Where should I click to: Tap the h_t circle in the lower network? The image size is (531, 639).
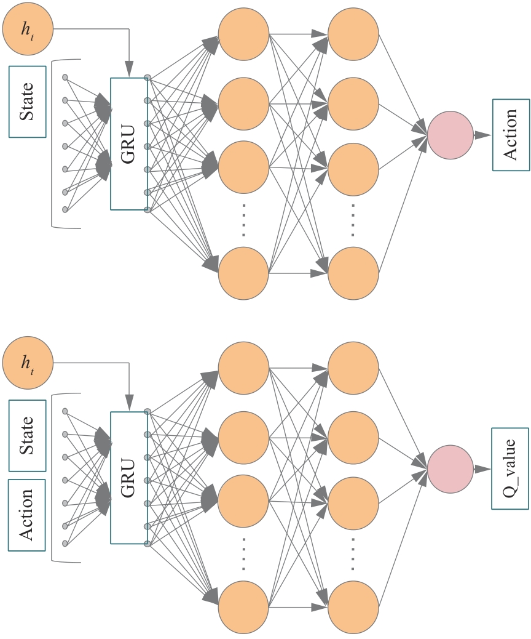[28, 363]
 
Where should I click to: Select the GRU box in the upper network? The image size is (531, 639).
[128, 144]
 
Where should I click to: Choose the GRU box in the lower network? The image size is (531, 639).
[128, 478]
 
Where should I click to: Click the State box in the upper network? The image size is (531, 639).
[28, 102]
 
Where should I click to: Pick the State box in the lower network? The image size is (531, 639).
[28, 435]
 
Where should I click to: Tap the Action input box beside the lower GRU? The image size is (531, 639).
[28, 515]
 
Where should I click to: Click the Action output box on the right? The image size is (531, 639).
[511, 135]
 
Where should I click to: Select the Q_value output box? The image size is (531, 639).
[510, 468]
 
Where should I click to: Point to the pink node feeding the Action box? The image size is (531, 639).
[450, 135]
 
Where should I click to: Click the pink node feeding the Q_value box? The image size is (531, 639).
[450, 469]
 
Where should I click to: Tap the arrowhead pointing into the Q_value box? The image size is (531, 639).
[484, 469]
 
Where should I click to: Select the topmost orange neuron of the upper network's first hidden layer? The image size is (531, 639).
[243, 34]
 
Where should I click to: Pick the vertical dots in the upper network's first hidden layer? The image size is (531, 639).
[243, 219]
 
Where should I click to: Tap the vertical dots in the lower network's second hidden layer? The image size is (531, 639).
[353, 553]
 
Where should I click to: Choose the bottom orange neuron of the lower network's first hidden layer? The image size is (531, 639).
[243, 608]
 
